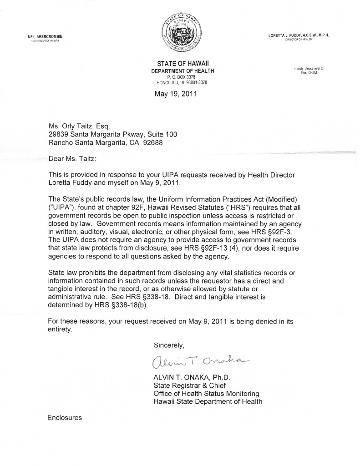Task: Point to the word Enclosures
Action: point(65,417)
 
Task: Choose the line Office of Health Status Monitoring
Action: point(206,393)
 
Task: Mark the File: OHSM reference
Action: point(312,72)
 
